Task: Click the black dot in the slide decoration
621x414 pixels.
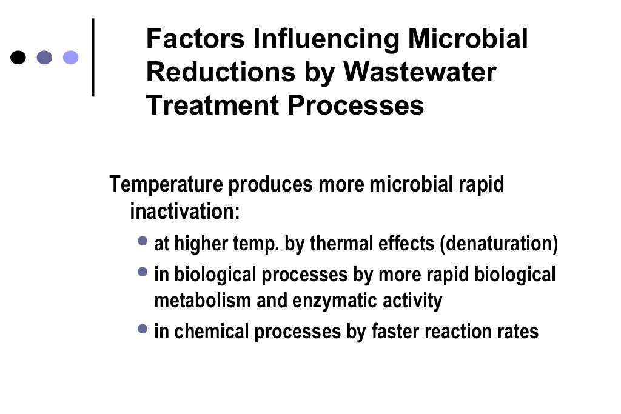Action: tap(19, 58)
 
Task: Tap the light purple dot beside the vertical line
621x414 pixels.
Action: tap(71, 58)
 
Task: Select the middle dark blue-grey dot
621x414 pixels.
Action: tap(45, 58)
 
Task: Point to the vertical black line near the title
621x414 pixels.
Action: tap(93, 58)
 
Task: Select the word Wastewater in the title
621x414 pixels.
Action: tap(420, 73)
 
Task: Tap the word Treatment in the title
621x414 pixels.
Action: tap(212, 105)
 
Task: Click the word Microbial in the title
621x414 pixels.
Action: tap(468, 40)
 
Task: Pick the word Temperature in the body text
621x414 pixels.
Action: tap(166, 185)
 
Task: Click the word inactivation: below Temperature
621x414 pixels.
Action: tap(185, 212)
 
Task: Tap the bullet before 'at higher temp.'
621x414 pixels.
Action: tap(143, 241)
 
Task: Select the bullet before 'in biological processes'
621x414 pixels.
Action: tap(143, 272)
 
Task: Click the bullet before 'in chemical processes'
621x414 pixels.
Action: tap(143, 329)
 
